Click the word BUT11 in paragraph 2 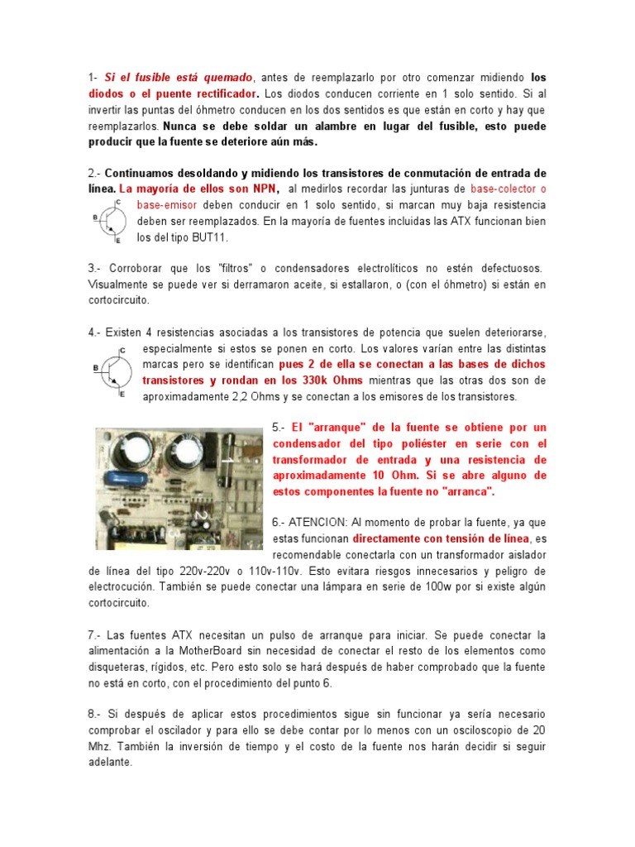click(x=207, y=237)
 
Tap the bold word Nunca click(x=184, y=127)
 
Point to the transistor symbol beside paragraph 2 click(x=110, y=220)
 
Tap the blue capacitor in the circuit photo click(x=122, y=479)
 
